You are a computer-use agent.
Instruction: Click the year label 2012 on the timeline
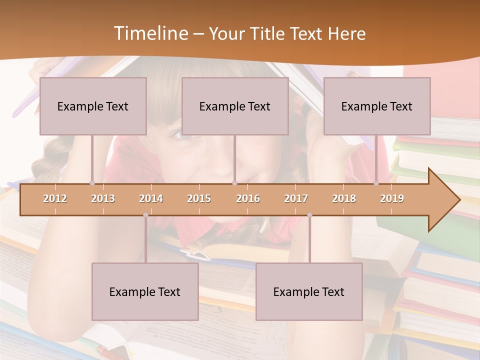55,198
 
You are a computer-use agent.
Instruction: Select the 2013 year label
103,198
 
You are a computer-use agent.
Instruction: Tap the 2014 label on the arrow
151,198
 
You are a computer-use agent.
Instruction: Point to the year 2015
199,198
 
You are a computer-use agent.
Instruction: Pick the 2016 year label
248,198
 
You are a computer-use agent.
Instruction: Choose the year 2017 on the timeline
296,198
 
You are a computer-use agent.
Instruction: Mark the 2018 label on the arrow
344,198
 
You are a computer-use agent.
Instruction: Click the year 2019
392,198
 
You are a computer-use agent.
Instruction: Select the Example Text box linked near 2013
93,106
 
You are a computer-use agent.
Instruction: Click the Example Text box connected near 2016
235,106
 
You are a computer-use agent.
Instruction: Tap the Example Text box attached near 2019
377,106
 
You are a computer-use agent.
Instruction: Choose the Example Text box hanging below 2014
145,291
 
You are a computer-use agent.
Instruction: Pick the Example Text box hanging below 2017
309,291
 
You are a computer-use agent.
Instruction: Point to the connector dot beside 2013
92,183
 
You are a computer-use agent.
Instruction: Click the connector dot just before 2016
234,183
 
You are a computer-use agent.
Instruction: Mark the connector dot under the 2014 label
145,215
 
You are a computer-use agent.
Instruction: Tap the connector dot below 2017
309,215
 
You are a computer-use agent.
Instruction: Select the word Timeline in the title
149,33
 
